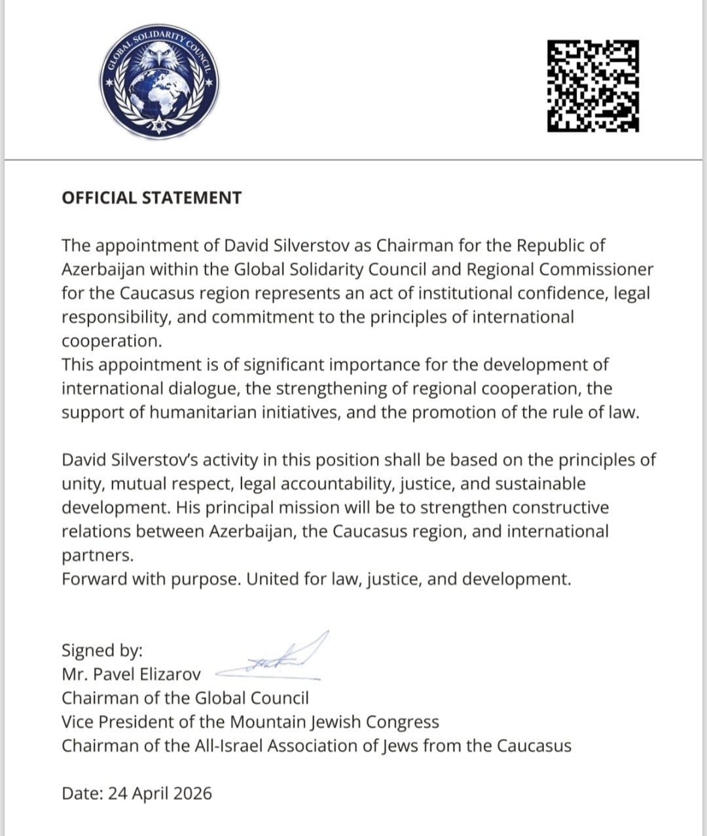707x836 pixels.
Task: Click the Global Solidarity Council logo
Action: click(x=160, y=83)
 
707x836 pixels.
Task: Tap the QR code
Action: click(x=592, y=86)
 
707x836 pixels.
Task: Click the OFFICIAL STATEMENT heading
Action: click(x=151, y=198)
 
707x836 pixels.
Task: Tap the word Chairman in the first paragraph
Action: click(x=408, y=245)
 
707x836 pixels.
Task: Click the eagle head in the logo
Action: click(x=160, y=54)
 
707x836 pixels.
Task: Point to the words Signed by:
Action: click(x=102, y=650)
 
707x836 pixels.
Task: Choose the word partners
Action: click(x=97, y=555)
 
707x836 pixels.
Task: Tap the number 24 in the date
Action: click(x=117, y=793)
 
